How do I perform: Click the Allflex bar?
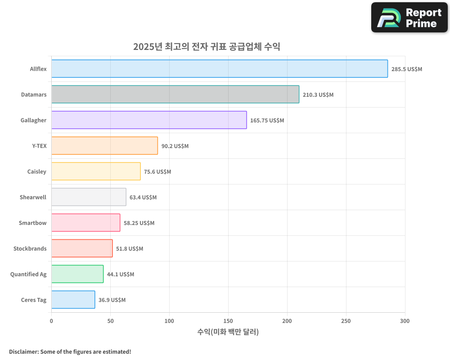(219, 69)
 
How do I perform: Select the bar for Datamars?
(175, 94)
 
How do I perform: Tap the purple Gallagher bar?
(149, 120)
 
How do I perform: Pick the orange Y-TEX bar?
(104, 146)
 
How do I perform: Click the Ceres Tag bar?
(73, 300)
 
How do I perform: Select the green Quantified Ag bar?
(77, 274)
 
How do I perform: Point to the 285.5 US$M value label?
(407, 69)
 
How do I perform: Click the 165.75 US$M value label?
(267, 121)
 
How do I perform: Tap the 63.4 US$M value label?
(143, 198)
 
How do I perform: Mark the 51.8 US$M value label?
(130, 249)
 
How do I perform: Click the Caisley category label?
(37, 171)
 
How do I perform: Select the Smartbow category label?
(32, 223)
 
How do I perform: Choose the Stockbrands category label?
(30, 248)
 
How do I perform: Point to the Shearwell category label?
(33, 197)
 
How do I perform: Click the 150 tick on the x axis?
(228, 321)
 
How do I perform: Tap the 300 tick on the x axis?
(405, 321)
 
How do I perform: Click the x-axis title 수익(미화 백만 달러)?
(228, 332)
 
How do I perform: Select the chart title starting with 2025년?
(207, 47)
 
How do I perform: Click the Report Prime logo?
(409, 18)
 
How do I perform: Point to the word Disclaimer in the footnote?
(23, 351)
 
